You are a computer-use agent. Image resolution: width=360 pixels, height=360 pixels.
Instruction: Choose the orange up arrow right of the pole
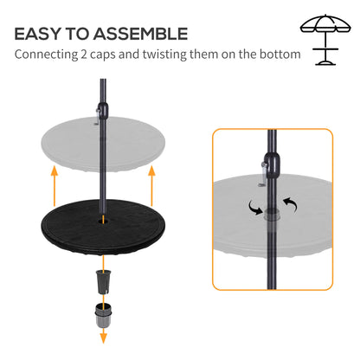tap(152, 185)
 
